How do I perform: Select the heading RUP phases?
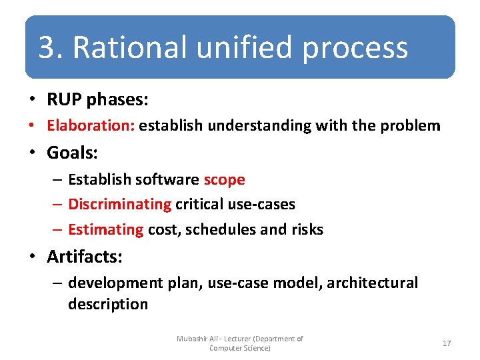97,100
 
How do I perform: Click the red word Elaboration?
91,125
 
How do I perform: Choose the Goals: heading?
72,153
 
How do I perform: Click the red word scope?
224,179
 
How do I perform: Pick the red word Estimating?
105,229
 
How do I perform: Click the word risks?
307,229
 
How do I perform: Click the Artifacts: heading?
84,256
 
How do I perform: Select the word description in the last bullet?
107,304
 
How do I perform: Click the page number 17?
447,343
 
